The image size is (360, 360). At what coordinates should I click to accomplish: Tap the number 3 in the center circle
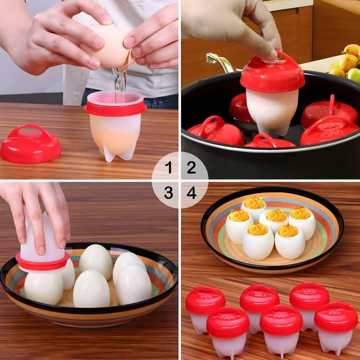pyautogui.click(x=168, y=193)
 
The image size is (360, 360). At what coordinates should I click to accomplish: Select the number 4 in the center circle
pyautogui.click(x=191, y=193)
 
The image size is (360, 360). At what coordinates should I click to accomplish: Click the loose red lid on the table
pyautogui.click(x=30, y=143)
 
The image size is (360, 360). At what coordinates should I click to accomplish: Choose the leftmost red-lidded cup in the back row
pyautogui.click(x=205, y=307)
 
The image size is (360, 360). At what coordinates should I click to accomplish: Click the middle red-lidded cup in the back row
pyautogui.click(x=259, y=305)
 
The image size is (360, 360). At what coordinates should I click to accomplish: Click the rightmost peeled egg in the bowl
pyautogui.click(x=134, y=284)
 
